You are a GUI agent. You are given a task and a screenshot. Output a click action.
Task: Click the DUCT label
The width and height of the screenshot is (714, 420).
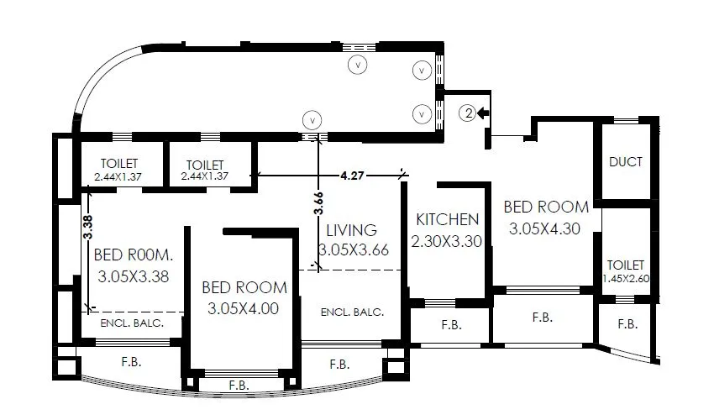pyautogui.click(x=626, y=162)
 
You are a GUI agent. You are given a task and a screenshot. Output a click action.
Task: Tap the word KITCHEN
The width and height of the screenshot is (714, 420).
pyautogui.click(x=448, y=219)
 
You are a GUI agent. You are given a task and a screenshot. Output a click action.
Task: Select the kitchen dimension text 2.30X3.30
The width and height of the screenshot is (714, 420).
pyautogui.click(x=448, y=241)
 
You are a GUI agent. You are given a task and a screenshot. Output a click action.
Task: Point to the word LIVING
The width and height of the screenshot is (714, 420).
pyautogui.click(x=351, y=229)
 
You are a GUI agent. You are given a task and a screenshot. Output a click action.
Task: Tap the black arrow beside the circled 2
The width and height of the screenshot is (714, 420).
pyautogui.click(x=484, y=112)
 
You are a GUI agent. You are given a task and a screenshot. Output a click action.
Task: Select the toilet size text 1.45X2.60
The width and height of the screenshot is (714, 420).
pyautogui.click(x=627, y=280)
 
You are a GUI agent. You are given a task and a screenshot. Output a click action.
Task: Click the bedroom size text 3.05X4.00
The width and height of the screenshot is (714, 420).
pyautogui.click(x=244, y=308)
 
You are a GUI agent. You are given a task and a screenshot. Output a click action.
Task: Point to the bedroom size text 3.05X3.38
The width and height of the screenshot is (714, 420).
pyautogui.click(x=134, y=276)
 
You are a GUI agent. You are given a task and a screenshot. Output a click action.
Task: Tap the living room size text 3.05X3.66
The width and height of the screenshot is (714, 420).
pyautogui.click(x=354, y=249)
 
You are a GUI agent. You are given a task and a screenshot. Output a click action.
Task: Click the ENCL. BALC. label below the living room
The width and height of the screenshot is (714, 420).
pyautogui.click(x=352, y=312)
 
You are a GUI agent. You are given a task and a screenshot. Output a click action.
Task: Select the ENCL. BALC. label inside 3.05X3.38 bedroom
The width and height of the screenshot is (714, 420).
pyautogui.click(x=131, y=323)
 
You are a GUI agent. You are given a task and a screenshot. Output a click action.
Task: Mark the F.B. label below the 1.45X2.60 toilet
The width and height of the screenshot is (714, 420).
pyautogui.click(x=627, y=323)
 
